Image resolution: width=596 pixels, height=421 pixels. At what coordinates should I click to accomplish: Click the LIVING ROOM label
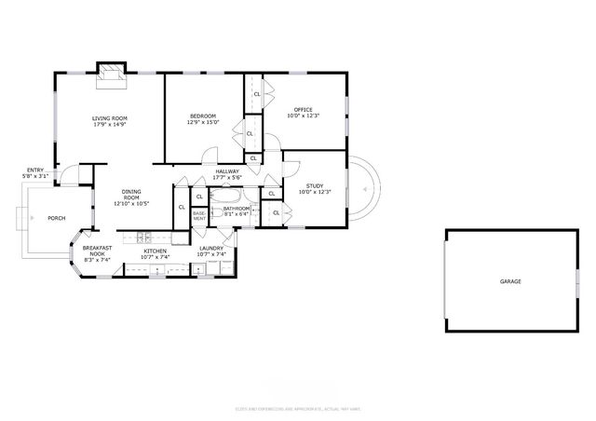(109, 117)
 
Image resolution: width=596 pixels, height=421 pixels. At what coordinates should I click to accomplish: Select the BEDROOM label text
(202, 115)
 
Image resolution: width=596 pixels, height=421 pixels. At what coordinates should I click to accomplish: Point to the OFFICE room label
(303, 109)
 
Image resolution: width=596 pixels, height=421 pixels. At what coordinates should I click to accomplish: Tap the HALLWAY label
(227, 171)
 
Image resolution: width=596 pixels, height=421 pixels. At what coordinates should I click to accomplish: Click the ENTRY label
(34, 170)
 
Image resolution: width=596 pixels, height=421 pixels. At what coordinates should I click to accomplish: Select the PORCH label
(56, 218)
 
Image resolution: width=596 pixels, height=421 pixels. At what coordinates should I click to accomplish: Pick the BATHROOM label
(237, 208)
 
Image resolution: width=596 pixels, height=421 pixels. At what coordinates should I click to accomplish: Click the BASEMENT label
(199, 215)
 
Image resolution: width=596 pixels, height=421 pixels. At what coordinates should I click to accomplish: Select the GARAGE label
(509, 280)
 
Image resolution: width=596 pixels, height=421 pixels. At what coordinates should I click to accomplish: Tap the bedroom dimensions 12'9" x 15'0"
(202, 122)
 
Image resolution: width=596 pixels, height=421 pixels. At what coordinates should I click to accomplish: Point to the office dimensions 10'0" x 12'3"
(303, 115)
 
